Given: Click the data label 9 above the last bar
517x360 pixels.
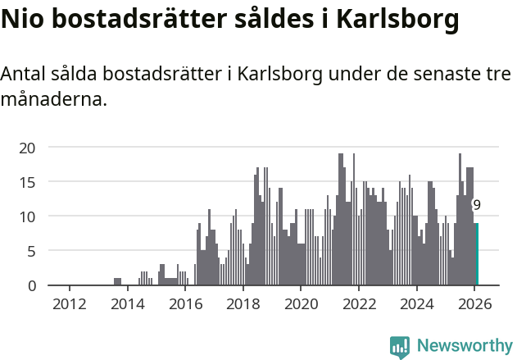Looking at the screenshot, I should [x=477, y=205].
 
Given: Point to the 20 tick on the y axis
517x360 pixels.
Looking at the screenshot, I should [x=28, y=148].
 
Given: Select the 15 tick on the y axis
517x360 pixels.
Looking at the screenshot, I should [x=28, y=182].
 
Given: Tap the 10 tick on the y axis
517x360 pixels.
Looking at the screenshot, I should [x=28, y=216].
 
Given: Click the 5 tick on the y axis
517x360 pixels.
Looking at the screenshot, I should [x=32, y=251].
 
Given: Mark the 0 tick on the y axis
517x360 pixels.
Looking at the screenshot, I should [x=32, y=285].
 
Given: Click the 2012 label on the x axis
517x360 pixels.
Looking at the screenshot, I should [x=69, y=303].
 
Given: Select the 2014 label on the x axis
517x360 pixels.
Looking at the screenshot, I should [x=127, y=303].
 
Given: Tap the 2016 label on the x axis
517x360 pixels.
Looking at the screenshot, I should [x=185, y=303].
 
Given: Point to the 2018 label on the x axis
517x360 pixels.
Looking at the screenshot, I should [x=243, y=303].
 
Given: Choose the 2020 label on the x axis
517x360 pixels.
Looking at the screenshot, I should [x=301, y=303].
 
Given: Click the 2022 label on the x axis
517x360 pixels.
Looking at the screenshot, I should [x=359, y=303].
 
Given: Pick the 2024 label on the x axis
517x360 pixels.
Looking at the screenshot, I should [x=416, y=303].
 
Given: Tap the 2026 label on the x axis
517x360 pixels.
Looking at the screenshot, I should [x=474, y=303].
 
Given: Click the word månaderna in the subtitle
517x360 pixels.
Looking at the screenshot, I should [x=54, y=101].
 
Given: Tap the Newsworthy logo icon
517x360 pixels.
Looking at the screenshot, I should [x=400, y=347].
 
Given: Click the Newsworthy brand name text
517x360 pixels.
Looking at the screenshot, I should [x=465, y=346].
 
